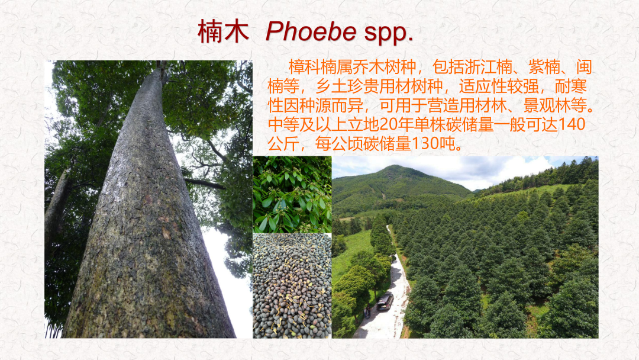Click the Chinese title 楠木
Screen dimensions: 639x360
(x=223, y=31)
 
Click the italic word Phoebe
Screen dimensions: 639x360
(x=311, y=31)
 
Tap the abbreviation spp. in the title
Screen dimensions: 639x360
(x=388, y=33)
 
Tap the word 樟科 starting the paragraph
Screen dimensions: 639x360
(x=305, y=67)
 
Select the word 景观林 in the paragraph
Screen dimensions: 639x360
(x=547, y=105)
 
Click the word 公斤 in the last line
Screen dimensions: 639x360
(x=283, y=143)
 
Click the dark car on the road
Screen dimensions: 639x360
(x=385, y=302)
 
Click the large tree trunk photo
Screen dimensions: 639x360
(x=149, y=199)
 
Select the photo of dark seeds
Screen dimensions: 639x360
(x=292, y=285)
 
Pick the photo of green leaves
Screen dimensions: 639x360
(x=292, y=194)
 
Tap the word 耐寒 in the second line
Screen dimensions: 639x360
(x=570, y=86)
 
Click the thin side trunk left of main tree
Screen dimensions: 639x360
(x=57, y=204)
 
